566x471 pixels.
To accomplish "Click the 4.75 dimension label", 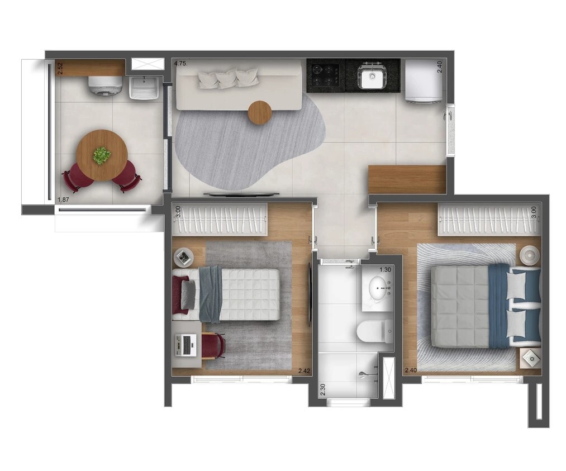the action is coord(180,64).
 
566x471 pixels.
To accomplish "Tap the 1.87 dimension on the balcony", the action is coord(64,199).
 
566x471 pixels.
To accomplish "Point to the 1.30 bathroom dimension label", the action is coord(385,269).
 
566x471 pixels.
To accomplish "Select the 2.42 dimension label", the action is coord(305,370).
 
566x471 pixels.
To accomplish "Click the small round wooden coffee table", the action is coord(260,113).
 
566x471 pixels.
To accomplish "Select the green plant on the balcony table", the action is coord(102,155).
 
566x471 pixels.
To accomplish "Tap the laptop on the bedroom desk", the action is coord(186,345).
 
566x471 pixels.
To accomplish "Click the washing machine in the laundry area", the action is coord(106,86).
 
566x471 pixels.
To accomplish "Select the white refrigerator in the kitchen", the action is coord(424,81).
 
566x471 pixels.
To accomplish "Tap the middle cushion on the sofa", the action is coord(226,79).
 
